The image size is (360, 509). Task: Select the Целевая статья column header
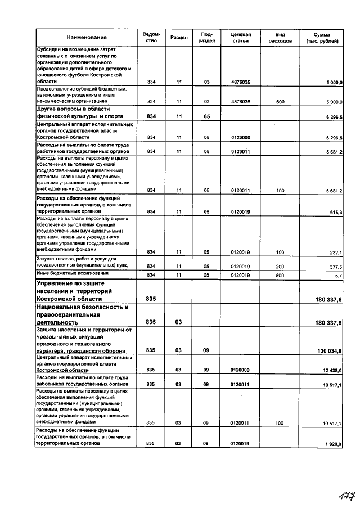[240, 37]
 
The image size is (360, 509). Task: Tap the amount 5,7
[339, 276]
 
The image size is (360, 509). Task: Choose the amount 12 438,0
[332, 370]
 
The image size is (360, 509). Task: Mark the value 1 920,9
[334, 444]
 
